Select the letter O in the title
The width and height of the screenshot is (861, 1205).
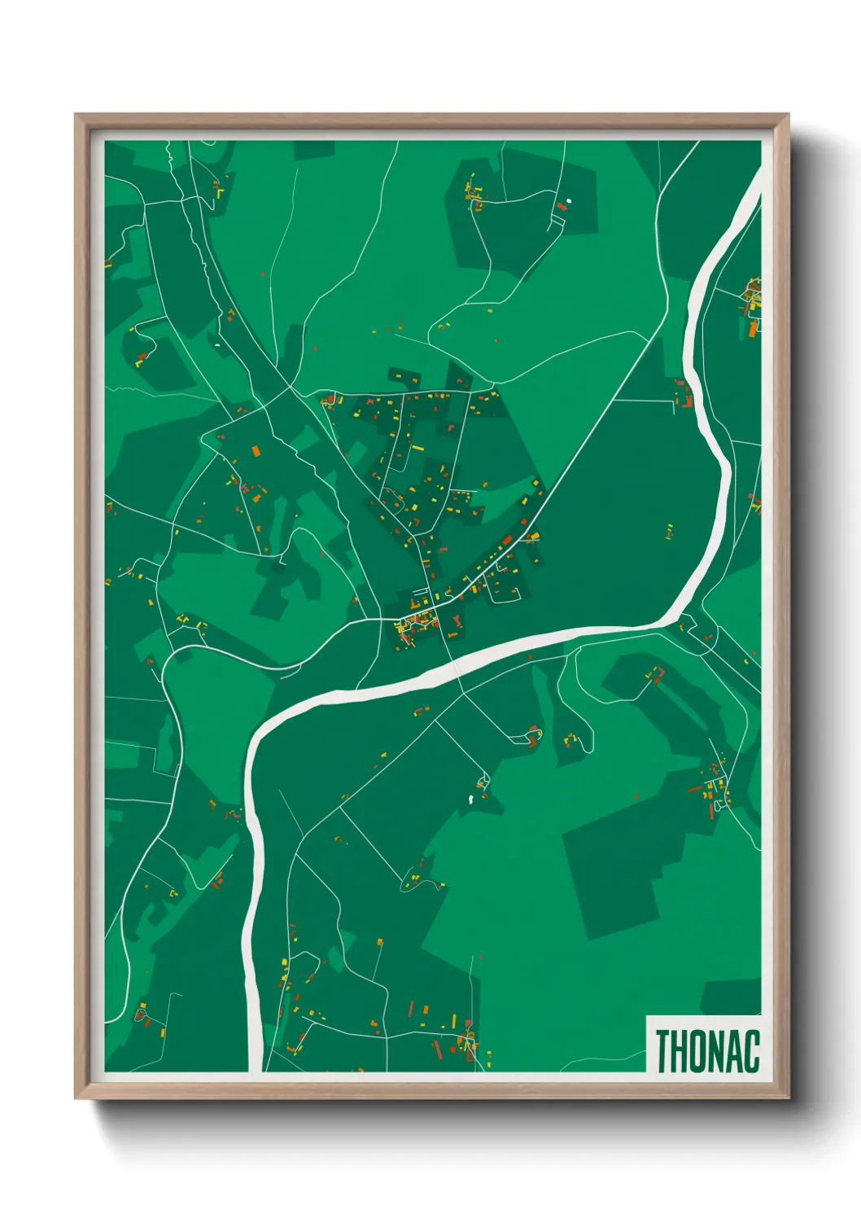point(699,1051)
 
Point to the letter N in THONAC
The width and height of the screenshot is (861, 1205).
point(717,1051)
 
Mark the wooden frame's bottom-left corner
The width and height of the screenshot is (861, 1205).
point(76,1097)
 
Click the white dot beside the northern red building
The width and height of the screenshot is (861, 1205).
point(569,200)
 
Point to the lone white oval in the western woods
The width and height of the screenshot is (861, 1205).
point(217,345)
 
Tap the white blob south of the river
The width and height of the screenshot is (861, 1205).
point(470,800)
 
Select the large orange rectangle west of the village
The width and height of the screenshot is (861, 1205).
point(256,450)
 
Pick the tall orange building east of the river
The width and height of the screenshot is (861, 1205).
point(753,329)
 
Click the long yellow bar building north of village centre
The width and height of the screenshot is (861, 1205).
point(417,447)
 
